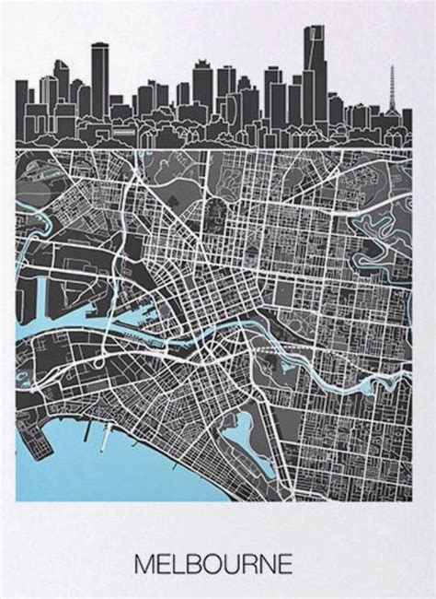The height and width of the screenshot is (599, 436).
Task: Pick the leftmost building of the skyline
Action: pos(21,111)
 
